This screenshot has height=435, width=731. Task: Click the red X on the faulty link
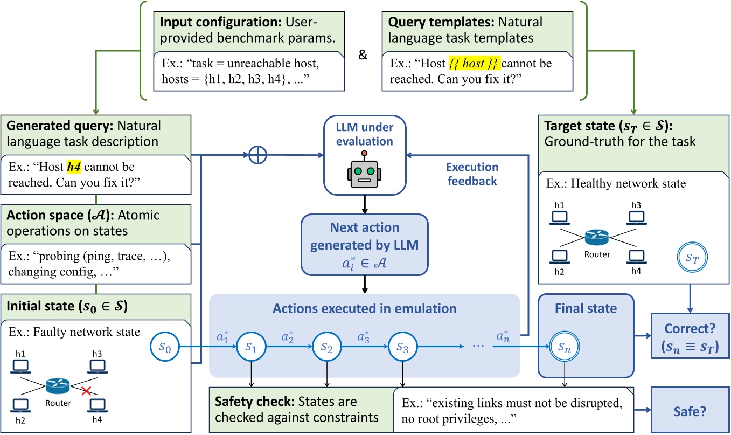pyautogui.click(x=85, y=392)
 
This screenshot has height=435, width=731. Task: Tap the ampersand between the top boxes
pyautogui.click(x=363, y=56)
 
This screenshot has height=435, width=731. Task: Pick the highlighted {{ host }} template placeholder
pyautogui.click(x=475, y=64)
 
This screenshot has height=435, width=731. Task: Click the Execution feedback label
pyautogui.click(x=472, y=174)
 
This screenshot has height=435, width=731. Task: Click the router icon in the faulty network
pyautogui.click(x=57, y=384)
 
